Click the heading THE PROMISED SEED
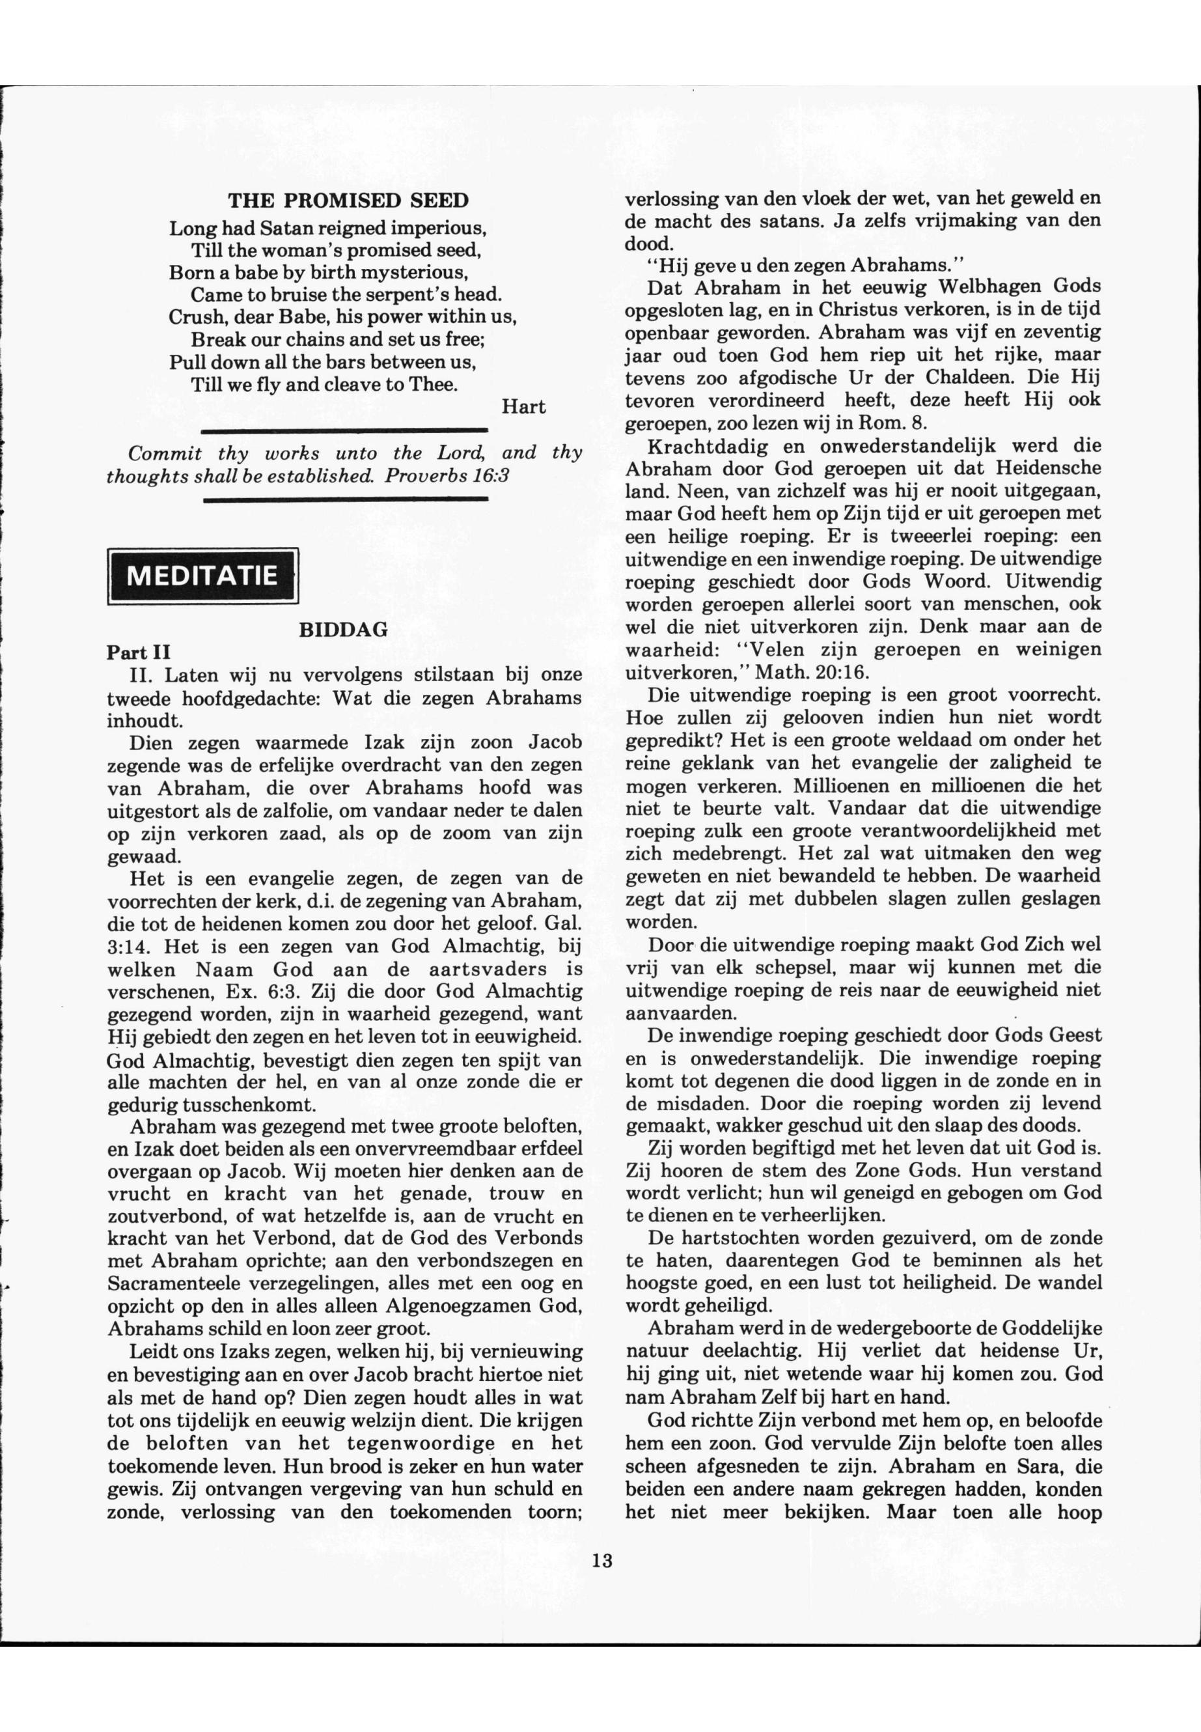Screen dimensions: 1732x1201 [348, 201]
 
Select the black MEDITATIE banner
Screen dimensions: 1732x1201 [202, 576]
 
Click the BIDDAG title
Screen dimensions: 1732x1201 [343, 630]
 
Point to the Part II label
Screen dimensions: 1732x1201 [139, 652]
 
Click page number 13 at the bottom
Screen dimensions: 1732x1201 [602, 1539]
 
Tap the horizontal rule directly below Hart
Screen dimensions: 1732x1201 [346, 430]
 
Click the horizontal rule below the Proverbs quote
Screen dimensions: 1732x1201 [346, 498]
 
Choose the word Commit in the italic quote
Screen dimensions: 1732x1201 [165, 453]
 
